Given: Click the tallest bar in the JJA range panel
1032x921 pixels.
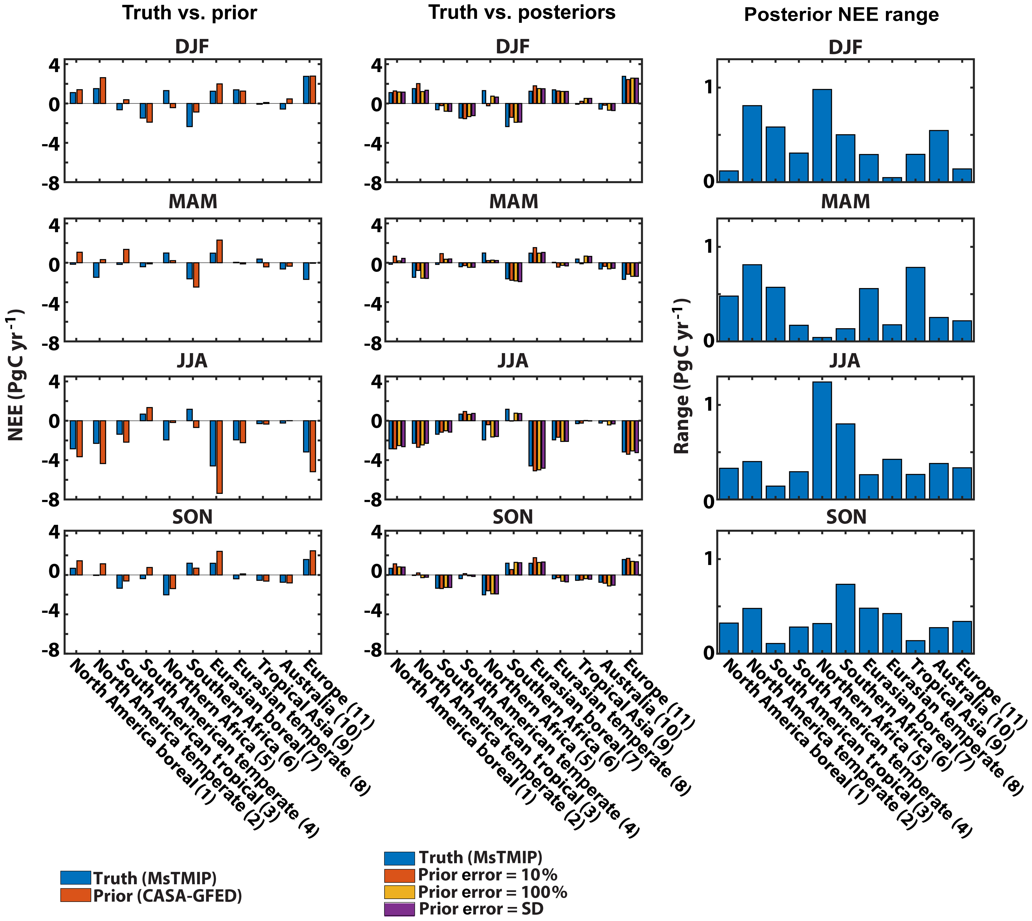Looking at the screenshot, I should pyautogui.click(x=822, y=440).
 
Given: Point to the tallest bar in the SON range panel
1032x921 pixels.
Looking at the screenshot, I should pyautogui.click(x=845, y=618).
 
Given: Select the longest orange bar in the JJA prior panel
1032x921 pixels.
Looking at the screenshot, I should pyautogui.click(x=219, y=457).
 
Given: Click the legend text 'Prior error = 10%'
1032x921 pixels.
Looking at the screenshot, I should pyautogui.click(x=487, y=875).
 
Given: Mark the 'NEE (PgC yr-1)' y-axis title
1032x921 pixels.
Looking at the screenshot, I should pyautogui.click(x=16, y=374).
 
